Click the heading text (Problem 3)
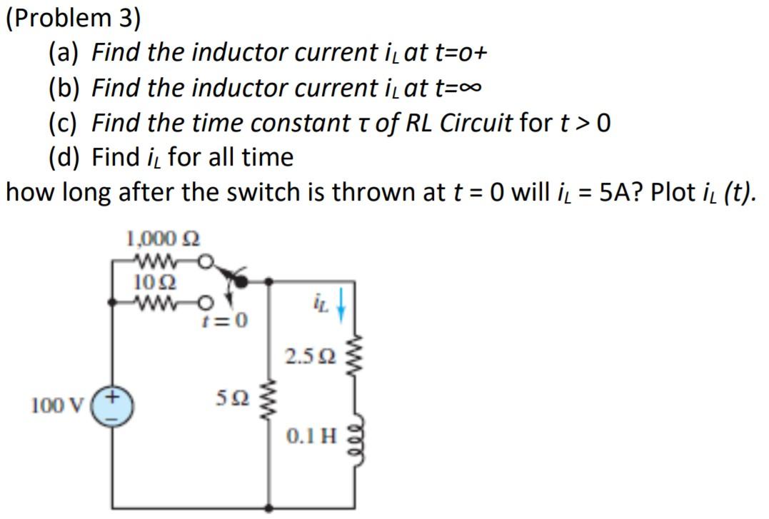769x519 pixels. (x=74, y=19)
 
